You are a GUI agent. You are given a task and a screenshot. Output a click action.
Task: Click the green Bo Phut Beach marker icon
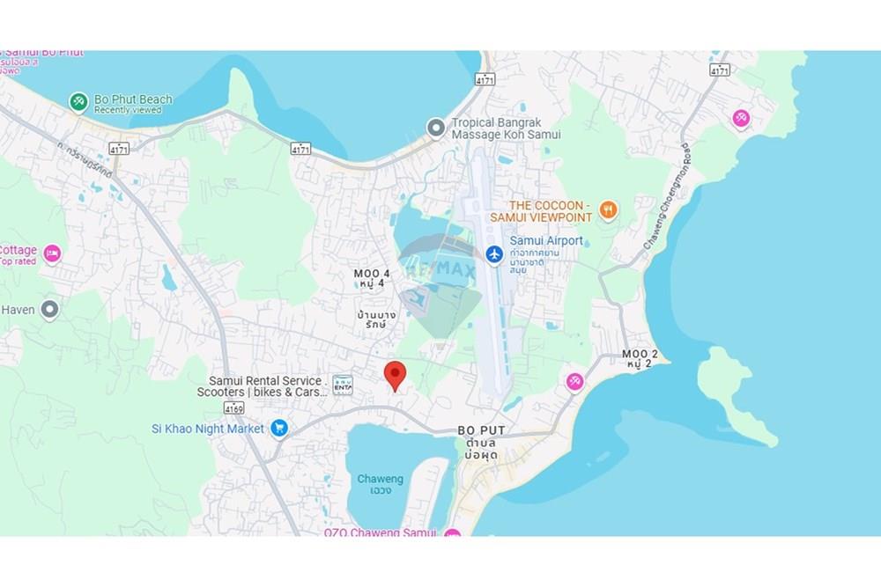pyautogui.click(x=79, y=102)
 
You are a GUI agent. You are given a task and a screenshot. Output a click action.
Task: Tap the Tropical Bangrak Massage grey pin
pyautogui.click(x=435, y=128)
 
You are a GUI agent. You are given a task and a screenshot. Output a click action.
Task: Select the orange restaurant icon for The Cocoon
pyautogui.click(x=607, y=209)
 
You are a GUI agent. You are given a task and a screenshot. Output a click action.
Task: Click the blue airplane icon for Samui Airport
pyautogui.click(x=494, y=253)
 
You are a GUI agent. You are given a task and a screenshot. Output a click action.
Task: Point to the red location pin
pyautogui.click(x=396, y=374)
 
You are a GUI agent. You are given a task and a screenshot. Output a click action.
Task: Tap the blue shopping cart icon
pyautogui.click(x=279, y=429)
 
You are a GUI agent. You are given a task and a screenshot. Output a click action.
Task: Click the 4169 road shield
pyautogui.click(x=233, y=407)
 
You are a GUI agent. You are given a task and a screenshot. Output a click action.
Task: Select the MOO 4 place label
pyautogui.click(x=373, y=274)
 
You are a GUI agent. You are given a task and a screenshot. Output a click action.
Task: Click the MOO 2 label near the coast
pyautogui.click(x=640, y=354)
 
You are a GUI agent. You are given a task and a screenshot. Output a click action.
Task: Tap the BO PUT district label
pyautogui.click(x=481, y=430)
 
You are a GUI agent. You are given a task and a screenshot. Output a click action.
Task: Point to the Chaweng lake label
pyautogui.click(x=381, y=480)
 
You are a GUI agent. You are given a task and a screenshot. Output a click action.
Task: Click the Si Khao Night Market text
pyautogui.click(x=208, y=429)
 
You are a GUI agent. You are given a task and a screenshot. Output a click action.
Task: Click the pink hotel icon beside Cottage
pyautogui.click(x=52, y=254)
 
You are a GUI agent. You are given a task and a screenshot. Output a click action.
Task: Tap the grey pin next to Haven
pyautogui.click(x=50, y=309)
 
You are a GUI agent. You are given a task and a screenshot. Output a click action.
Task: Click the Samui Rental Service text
pyautogui.click(x=265, y=381)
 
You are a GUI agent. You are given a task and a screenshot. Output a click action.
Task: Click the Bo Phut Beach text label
pyautogui.click(x=133, y=99)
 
